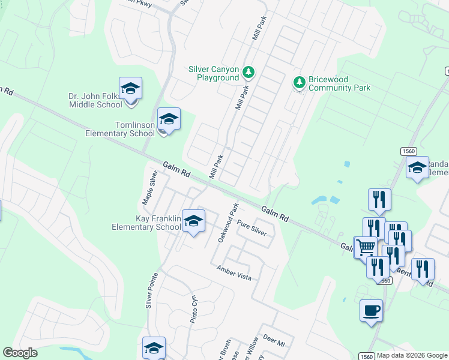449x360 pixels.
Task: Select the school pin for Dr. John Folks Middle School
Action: click(130, 89)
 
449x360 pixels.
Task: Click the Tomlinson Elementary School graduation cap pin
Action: click(169, 119)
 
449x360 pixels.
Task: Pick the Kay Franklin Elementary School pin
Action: click(193, 221)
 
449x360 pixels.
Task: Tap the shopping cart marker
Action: click(365, 246)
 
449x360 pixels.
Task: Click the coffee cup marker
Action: click(371, 311)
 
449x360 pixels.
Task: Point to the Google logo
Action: click(20, 353)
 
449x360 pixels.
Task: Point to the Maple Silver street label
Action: click(149, 186)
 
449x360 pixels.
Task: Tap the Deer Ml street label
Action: click(273, 341)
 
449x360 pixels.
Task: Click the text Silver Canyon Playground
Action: click(214, 73)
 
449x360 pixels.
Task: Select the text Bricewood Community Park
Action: click(339, 83)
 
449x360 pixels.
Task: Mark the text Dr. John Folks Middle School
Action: click(95, 100)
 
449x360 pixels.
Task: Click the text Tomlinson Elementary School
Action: click(120, 128)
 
